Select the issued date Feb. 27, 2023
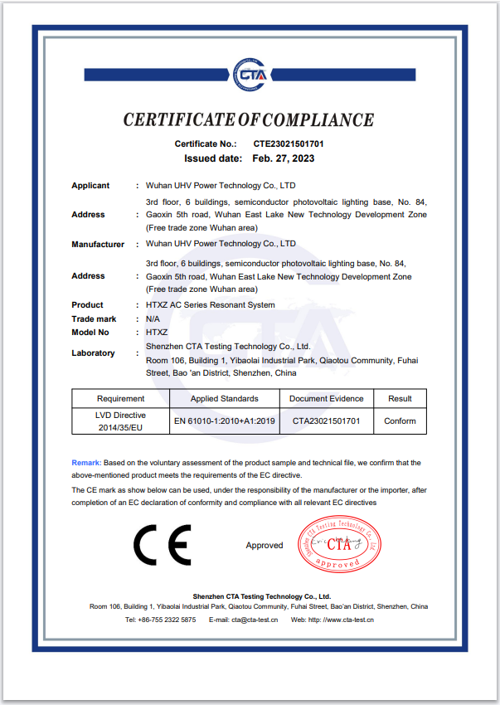pyautogui.click(x=284, y=158)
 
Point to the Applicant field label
pyautogui.click(x=90, y=186)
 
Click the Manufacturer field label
pyautogui.click(x=98, y=245)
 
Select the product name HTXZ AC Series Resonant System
pyautogui.click(x=210, y=305)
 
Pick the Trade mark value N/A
pyautogui.click(x=153, y=318)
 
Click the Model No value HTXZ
pyautogui.click(x=157, y=332)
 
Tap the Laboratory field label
pyautogui.click(x=93, y=353)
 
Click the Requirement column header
pyautogui.click(x=120, y=399)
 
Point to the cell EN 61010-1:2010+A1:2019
pyautogui.click(x=224, y=421)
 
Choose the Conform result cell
pyautogui.click(x=400, y=421)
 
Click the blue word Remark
pyautogui.click(x=86, y=462)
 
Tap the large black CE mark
pyautogui.click(x=162, y=545)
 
